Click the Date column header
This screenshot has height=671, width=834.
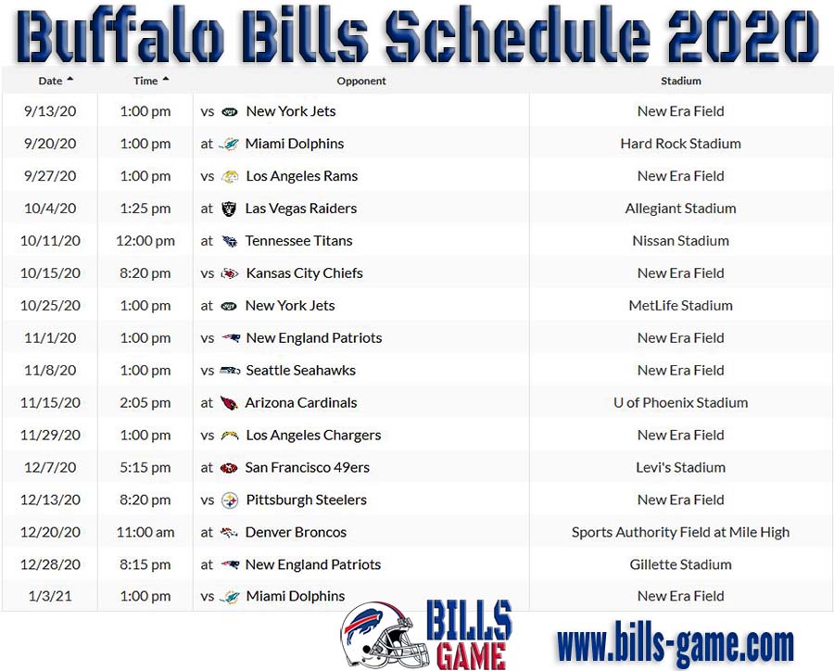click(51, 81)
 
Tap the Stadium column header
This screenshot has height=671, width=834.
click(681, 81)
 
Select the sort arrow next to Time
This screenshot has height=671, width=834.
click(166, 80)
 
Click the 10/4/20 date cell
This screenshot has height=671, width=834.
click(50, 208)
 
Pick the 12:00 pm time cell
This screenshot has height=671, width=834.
click(145, 241)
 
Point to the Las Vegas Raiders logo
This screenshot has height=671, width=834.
click(229, 209)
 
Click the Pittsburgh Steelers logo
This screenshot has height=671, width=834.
click(230, 500)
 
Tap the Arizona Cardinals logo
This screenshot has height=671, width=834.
click(229, 403)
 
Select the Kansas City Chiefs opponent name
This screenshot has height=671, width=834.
click(304, 273)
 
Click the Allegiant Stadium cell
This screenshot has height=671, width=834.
click(681, 208)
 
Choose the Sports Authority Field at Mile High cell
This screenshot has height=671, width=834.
click(681, 532)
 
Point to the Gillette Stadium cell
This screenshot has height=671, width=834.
click(681, 564)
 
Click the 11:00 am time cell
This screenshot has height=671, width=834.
click(145, 532)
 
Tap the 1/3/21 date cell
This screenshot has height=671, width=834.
click(50, 596)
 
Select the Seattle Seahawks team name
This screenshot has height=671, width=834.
click(300, 371)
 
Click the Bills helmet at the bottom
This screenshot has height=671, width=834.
click(385, 636)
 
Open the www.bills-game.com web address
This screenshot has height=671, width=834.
click(675, 644)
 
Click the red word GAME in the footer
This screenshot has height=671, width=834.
click(472, 655)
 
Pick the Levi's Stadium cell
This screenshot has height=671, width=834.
click(681, 467)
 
